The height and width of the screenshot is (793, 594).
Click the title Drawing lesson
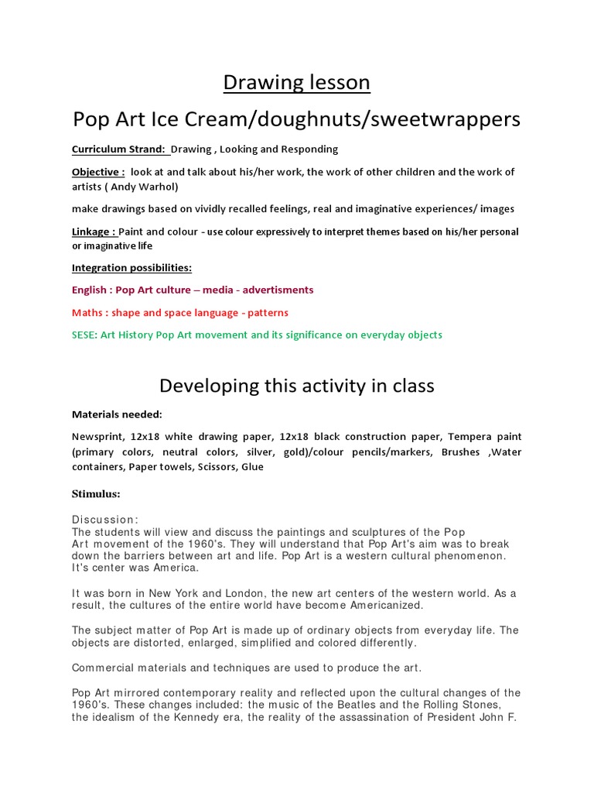297,82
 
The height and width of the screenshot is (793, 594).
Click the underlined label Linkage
94,232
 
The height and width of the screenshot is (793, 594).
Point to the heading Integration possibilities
131,268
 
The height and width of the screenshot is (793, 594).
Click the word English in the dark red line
89,290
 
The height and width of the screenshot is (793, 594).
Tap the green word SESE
84,335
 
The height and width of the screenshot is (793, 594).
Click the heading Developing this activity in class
297,385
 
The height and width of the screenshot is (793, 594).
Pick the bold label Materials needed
117,414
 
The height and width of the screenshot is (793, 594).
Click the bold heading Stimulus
96,493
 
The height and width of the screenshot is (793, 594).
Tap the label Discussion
104,520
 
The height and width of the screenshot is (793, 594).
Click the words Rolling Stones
463,705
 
